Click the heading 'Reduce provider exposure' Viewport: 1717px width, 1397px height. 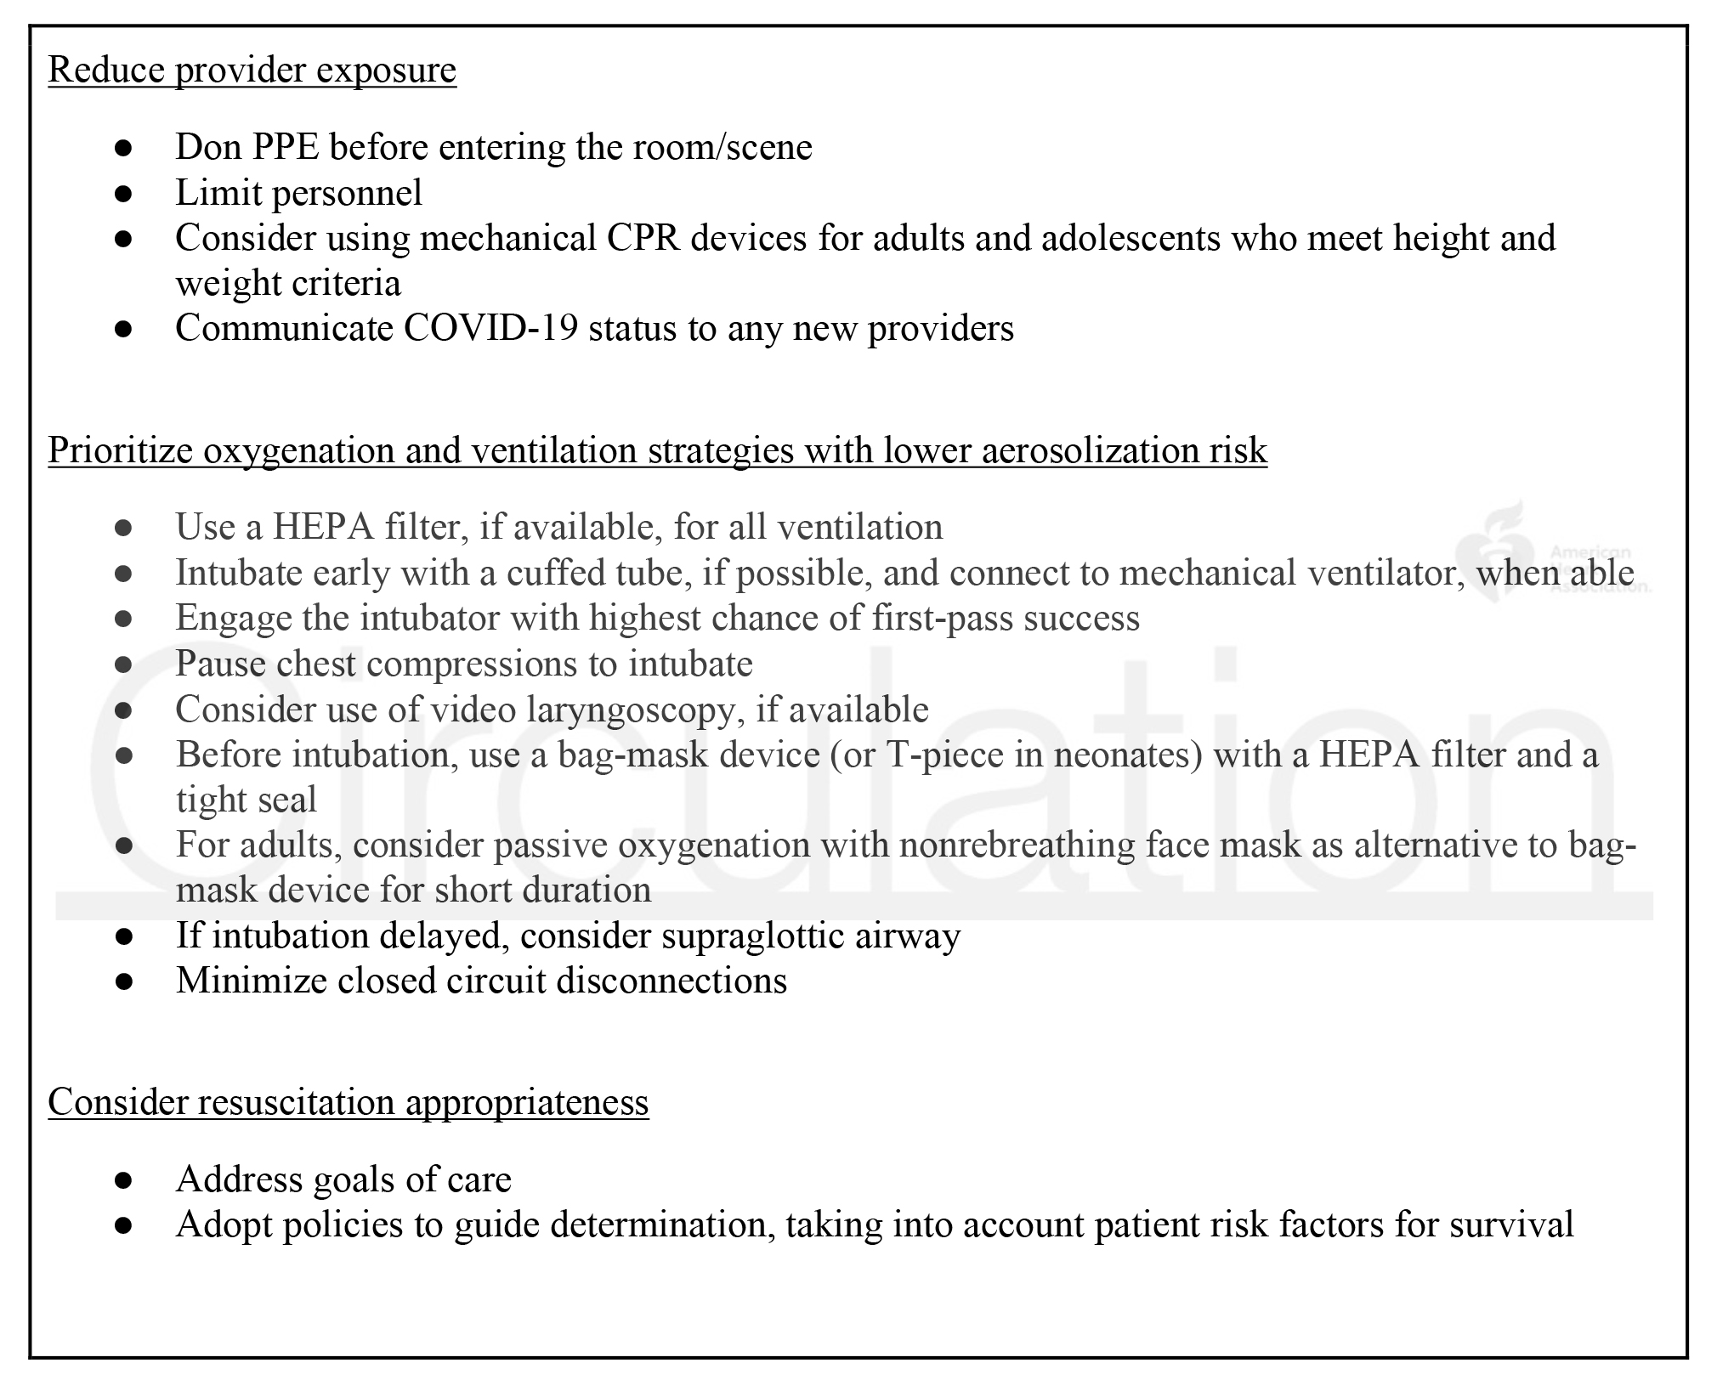pyautogui.click(x=252, y=70)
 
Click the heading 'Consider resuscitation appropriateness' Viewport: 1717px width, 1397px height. pyautogui.click(x=348, y=1102)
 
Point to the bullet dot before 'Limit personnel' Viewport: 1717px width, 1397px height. pyautogui.click(x=123, y=194)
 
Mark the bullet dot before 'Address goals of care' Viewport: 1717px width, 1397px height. pyautogui.click(x=123, y=1180)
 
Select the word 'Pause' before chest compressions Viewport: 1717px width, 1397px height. pyautogui.click(x=217, y=664)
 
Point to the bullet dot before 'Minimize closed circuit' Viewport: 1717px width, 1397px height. pyautogui.click(x=123, y=981)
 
